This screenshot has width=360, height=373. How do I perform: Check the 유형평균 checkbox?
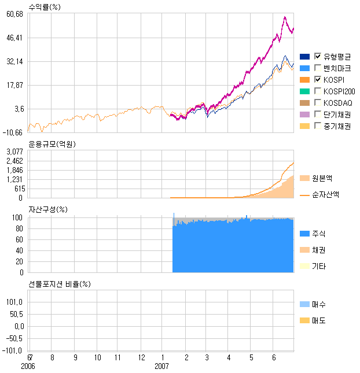point(318,56)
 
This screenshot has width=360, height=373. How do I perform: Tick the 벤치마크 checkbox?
point(318,68)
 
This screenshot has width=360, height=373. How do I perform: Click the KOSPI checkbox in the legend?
point(318,79)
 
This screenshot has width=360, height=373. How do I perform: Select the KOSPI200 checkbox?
point(318,91)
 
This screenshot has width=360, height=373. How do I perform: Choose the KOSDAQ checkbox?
point(318,102)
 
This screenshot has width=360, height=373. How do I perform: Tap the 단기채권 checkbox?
point(318,114)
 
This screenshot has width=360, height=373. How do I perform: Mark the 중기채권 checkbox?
point(318,125)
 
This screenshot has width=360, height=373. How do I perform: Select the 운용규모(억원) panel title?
point(52,144)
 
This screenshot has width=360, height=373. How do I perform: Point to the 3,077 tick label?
point(14,152)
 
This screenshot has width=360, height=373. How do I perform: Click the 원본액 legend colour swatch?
point(304,178)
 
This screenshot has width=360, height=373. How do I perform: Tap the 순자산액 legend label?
point(325,195)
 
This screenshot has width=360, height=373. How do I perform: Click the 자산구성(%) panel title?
point(47,209)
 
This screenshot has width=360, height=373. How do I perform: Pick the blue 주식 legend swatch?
point(304,234)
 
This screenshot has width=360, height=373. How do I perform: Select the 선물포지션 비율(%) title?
point(60,284)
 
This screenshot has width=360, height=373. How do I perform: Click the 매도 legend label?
point(318,320)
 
